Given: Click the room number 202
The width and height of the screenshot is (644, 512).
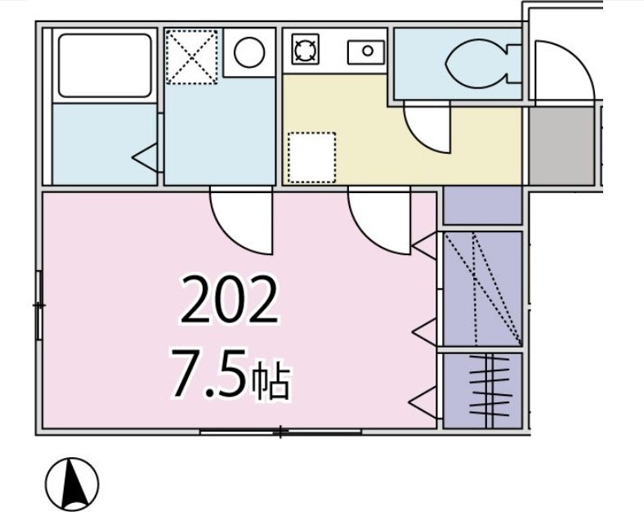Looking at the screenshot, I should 230,300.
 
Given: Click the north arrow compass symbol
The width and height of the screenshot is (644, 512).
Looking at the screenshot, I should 71,482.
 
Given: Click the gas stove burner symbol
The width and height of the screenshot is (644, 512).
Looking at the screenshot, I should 305,52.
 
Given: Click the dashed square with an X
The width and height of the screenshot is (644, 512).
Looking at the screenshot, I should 192,56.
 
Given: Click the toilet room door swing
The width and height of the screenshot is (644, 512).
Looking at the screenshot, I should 429,129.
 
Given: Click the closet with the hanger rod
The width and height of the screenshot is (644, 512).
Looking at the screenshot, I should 482,390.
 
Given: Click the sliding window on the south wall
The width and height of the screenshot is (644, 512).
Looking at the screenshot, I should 280,431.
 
